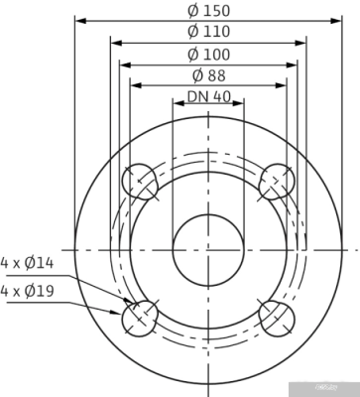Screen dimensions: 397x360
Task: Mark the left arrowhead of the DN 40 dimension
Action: [177, 108]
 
